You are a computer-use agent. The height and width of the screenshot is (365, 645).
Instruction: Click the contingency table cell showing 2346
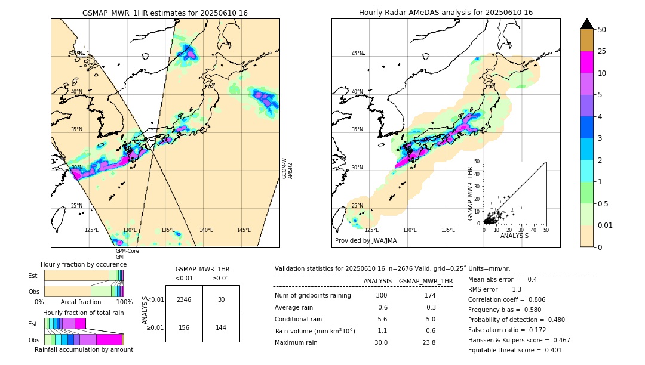[x=184, y=299]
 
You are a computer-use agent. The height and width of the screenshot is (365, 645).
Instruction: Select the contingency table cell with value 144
[x=221, y=327]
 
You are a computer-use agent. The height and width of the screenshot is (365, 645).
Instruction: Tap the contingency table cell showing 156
[x=184, y=327]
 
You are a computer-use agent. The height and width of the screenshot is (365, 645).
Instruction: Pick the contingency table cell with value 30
[x=221, y=299]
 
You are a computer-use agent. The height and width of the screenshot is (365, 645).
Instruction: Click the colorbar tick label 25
[x=602, y=52]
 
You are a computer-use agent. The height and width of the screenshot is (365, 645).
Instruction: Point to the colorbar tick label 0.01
[x=606, y=225]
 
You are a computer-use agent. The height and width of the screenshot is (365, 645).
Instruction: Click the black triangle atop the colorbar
[x=587, y=24]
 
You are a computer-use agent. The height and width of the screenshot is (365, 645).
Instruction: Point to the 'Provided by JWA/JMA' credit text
[x=365, y=241]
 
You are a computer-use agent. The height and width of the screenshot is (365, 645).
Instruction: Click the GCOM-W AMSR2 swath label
[x=287, y=168]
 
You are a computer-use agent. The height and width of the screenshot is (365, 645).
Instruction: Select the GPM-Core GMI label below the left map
[x=127, y=253]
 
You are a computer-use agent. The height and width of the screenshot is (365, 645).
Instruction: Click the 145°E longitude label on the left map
[x=244, y=230]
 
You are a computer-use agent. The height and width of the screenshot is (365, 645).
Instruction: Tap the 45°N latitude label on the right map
[x=357, y=54]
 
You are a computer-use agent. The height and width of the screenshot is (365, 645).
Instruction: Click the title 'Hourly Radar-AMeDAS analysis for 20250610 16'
[x=446, y=13]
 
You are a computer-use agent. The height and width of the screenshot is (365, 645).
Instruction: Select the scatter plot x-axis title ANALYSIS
[x=514, y=236]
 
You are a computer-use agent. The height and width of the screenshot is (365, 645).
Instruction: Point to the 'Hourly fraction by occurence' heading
[x=84, y=264]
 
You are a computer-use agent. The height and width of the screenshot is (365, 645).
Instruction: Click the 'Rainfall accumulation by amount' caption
[x=84, y=349]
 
